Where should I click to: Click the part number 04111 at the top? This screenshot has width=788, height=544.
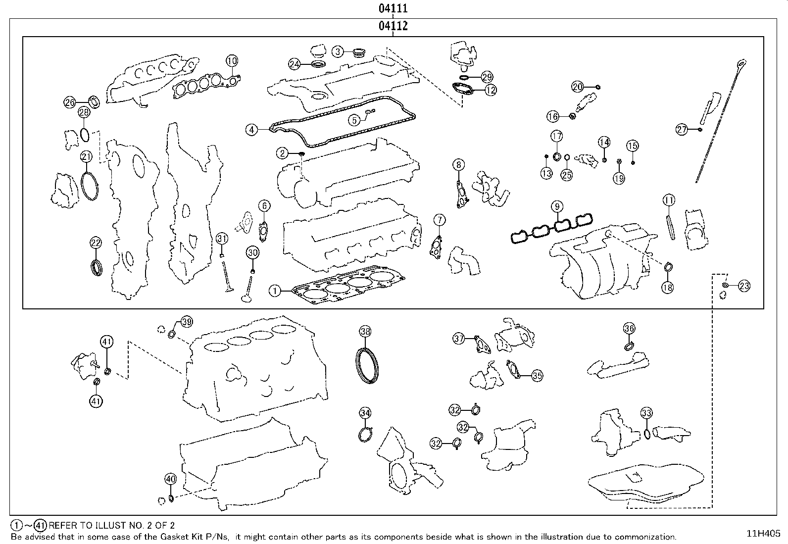click(x=393, y=8)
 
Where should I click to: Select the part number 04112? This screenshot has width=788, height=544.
click(x=393, y=26)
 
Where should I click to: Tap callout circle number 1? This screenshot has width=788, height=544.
click(x=275, y=291)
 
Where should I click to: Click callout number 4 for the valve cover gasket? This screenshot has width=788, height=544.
click(x=252, y=130)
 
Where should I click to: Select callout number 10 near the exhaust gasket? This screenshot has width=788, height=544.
click(x=232, y=61)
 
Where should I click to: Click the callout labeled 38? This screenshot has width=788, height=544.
click(x=365, y=332)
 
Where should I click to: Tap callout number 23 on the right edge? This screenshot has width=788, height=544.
click(x=744, y=286)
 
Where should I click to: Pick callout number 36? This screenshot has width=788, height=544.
click(x=629, y=328)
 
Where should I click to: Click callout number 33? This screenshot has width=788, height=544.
click(x=646, y=413)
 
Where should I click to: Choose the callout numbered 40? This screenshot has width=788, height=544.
click(x=170, y=479)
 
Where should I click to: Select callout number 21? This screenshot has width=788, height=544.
click(x=86, y=157)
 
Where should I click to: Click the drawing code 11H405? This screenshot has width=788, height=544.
click(x=763, y=534)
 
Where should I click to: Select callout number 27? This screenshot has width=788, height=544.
click(x=682, y=130)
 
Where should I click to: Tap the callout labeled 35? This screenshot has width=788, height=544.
click(x=538, y=376)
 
